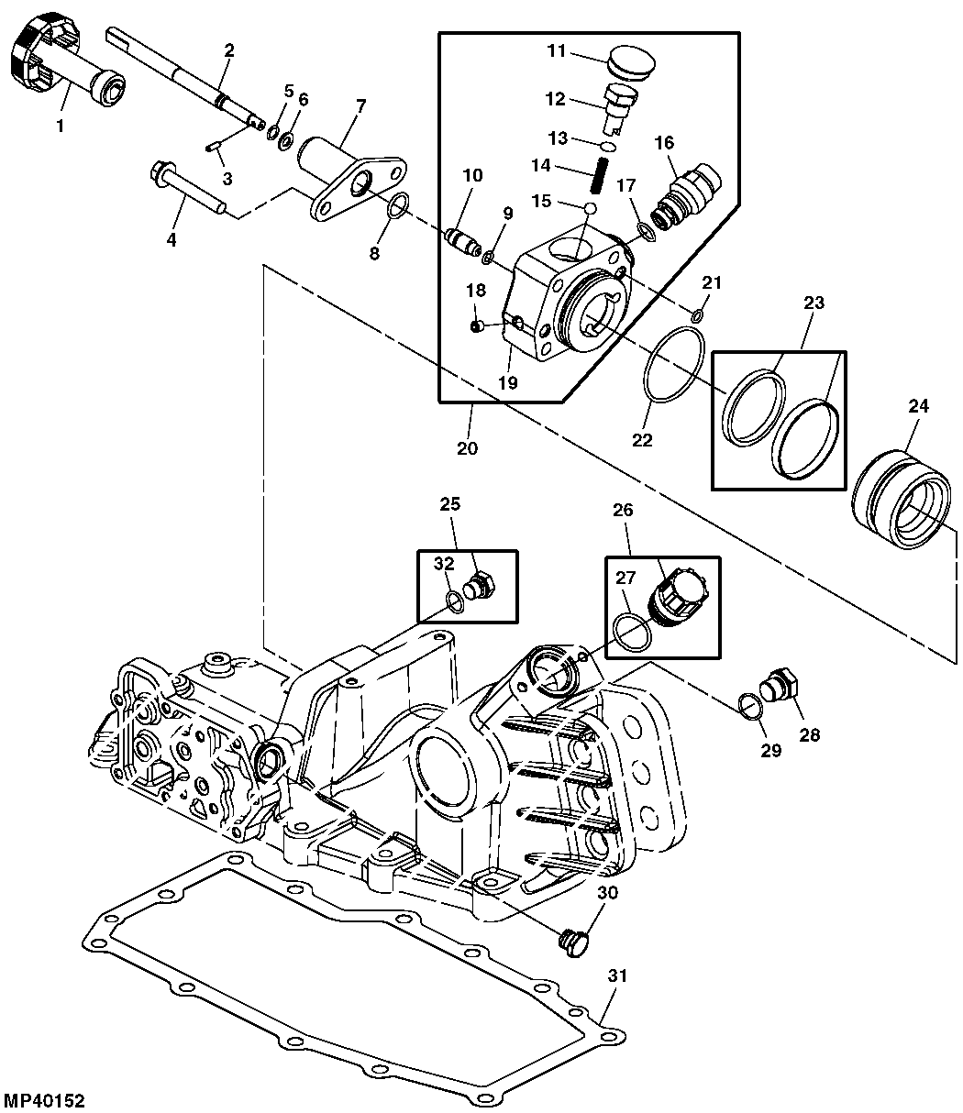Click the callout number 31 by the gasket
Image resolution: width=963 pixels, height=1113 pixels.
[x=618, y=976]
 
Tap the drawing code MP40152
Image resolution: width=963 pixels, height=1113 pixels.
[x=50, y=1098]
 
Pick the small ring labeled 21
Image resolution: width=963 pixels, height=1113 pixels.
[x=698, y=316]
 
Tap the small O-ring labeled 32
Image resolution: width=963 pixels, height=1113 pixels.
[x=453, y=601]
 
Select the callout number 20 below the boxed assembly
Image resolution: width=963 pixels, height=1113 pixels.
[x=468, y=448]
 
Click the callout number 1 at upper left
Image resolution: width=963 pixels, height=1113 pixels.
[x=61, y=127]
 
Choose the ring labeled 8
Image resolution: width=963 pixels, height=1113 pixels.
[x=396, y=209]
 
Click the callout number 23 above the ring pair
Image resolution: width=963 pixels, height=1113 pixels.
[x=814, y=303]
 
